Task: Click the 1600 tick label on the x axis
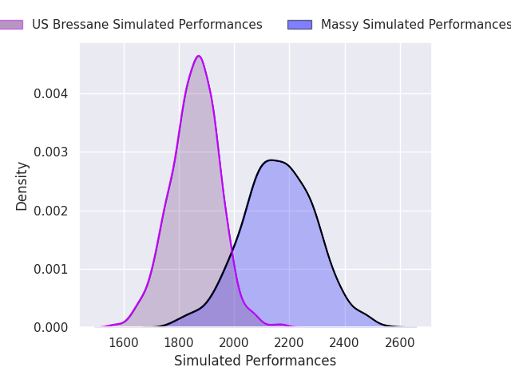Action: tap(124, 343)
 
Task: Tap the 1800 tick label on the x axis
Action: tap(179, 343)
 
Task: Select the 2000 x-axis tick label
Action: tap(234, 343)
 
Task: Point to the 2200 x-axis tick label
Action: tap(289, 343)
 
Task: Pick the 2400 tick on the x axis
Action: tap(344, 343)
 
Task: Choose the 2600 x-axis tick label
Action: tap(400, 343)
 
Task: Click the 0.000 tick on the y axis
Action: tap(51, 327)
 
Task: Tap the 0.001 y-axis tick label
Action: tap(51, 270)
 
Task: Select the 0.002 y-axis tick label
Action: tap(51, 211)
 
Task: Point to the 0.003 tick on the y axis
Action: tap(51, 152)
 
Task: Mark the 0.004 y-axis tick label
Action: tap(51, 94)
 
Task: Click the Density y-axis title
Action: tap(22, 186)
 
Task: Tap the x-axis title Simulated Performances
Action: tap(255, 361)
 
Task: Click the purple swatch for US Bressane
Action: tap(11, 25)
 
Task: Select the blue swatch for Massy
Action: tap(300, 25)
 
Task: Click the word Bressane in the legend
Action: tap(81, 25)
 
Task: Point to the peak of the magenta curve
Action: tap(199, 56)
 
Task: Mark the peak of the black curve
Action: tap(271, 160)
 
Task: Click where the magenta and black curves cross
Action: tap(232, 251)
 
